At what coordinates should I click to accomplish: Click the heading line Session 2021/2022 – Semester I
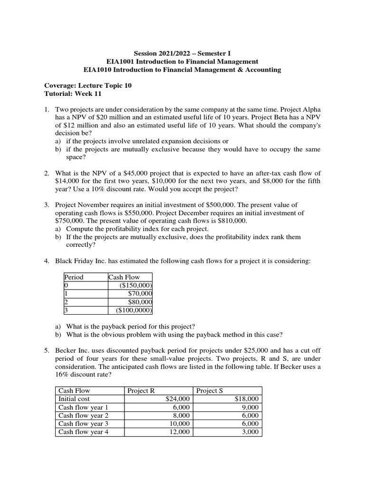(x=182, y=53)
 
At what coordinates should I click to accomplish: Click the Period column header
(x=74, y=277)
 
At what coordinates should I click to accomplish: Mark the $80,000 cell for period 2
(x=140, y=302)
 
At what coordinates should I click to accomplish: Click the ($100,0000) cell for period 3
(x=134, y=310)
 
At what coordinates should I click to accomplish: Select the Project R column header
(x=141, y=391)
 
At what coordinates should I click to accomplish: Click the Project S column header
(x=210, y=391)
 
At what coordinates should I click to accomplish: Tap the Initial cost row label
(x=74, y=399)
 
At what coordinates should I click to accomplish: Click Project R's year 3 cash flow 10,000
(x=179, y=423)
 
